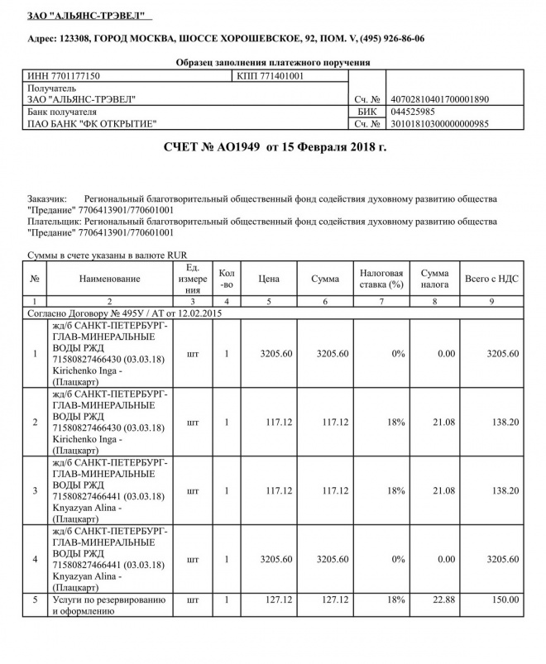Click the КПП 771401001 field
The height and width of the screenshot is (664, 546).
[x=271, y=76]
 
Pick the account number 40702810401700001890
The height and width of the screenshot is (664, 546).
[x=438, y=99]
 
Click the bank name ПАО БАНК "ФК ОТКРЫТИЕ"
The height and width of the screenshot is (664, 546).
[x=92, y=123]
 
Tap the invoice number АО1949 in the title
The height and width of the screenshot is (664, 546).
[x=239, y=147]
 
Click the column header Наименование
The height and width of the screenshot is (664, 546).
[x=108, y=279]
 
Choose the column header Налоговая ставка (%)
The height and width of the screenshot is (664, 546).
[x=381, y=279]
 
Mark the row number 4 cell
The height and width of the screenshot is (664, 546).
[x=34, y=559]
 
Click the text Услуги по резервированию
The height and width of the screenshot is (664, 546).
[x=109, y=599]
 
